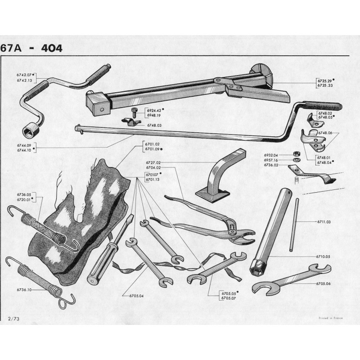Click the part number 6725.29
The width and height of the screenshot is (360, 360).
point(325,81)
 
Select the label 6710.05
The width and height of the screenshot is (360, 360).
point(323,256)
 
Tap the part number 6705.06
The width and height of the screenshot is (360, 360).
point(323,283)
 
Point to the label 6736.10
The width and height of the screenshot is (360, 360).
point(24,290)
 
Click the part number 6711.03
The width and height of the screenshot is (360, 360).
point(324,222)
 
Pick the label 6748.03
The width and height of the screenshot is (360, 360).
point(154,126)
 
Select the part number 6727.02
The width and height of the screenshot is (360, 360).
point(153,162)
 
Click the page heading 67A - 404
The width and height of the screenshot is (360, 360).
point(31,48)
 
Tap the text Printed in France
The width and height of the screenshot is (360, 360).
point(331,318)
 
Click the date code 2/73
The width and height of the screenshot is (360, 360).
point(14,319)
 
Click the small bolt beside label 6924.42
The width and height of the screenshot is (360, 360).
point(134,112)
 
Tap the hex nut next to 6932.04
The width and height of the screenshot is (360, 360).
point(296,154)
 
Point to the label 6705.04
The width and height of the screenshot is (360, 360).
point(136,296)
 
